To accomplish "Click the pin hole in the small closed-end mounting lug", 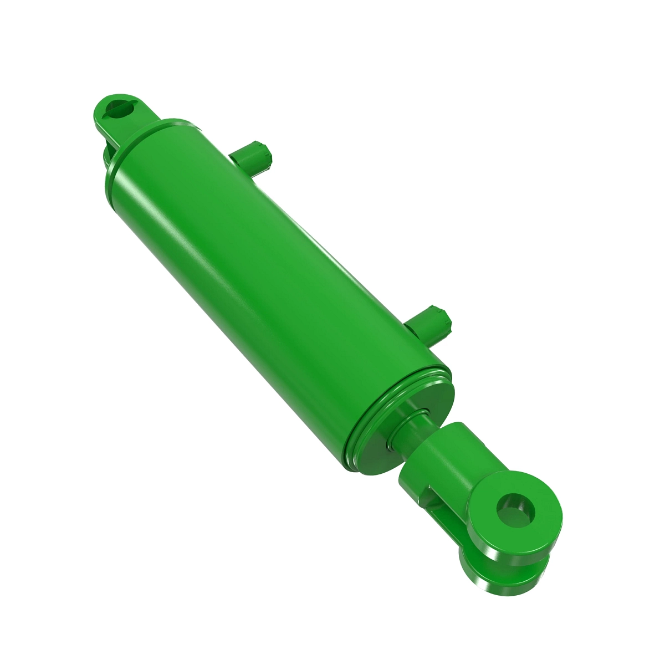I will (121, 107).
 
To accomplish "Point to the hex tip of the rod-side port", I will (443, 324).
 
